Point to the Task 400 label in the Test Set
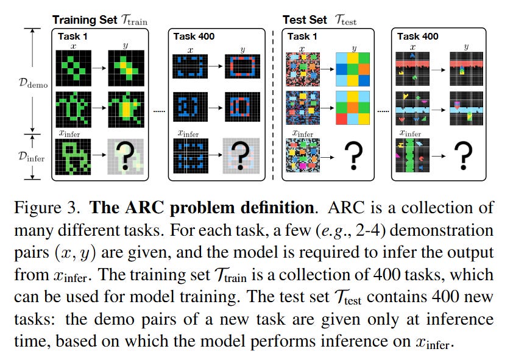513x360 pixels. point(419,36)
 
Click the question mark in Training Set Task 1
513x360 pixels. point(126,156)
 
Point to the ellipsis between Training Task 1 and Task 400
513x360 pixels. point(157,111)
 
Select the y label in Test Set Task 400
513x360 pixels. point(466,46)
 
